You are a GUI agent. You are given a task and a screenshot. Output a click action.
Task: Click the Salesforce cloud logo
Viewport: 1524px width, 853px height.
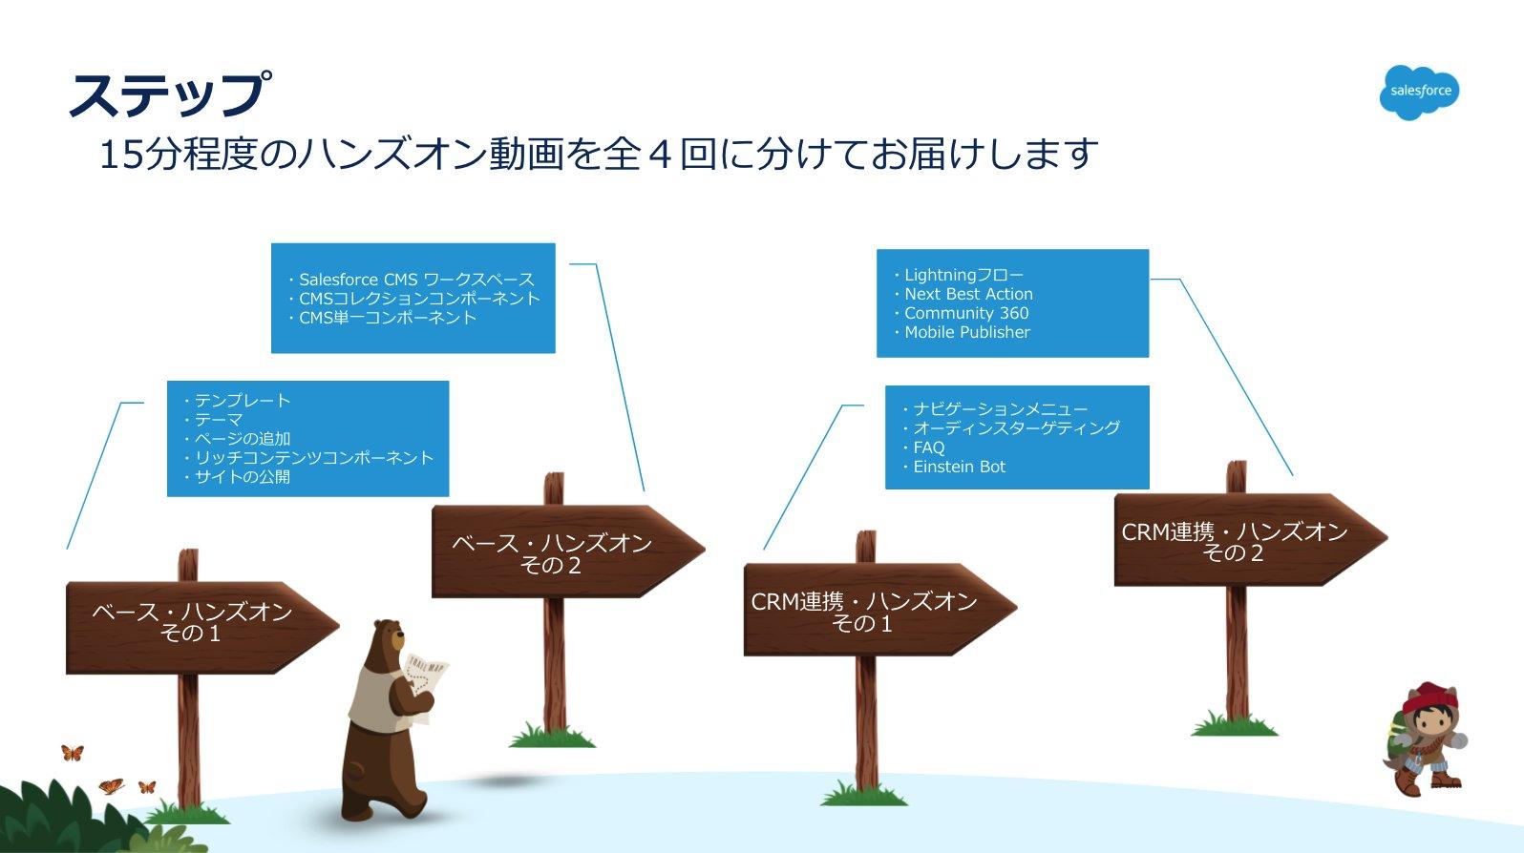tap(1419, 92)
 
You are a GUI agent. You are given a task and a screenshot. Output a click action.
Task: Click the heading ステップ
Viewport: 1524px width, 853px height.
tap(168, 94)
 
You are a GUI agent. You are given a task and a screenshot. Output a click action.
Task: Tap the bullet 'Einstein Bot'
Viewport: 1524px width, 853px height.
tap(959, 467)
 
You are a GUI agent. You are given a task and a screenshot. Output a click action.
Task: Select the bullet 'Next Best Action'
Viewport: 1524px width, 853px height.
tap(968, 294)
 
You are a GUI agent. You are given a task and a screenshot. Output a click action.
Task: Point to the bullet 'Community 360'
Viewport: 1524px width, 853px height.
tap(966, 313)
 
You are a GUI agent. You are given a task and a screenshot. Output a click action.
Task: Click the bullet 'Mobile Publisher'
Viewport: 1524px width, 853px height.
tap(967, 332)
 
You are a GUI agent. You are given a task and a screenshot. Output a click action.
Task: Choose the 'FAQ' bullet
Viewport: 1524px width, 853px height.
tap(928, 447)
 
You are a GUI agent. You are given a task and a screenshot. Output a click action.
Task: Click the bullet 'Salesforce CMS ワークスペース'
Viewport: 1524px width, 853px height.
tap(416, 280)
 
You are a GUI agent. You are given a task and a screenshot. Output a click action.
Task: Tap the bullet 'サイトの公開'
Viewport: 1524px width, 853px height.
tap(242, 476)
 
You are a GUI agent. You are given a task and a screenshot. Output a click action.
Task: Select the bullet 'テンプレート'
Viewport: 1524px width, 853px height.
tap(242, 401)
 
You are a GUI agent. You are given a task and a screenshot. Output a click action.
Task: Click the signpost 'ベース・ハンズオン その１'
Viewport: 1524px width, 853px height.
tap(191, 623)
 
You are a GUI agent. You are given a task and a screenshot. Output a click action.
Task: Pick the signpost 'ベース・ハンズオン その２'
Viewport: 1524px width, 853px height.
tap(552, 553)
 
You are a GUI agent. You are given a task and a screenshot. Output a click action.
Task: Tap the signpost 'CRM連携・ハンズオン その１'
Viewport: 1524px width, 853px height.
tap(863, 612)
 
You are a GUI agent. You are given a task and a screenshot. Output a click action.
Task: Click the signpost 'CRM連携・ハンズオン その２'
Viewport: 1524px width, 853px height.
tap(1234, 542)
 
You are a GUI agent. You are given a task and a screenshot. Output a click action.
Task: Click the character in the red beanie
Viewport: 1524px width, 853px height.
tap(1426, 736)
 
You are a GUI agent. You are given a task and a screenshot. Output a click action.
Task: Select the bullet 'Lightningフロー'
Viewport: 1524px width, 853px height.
tap(963, 275)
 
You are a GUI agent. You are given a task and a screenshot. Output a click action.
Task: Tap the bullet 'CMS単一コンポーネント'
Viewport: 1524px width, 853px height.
tap(388, 318)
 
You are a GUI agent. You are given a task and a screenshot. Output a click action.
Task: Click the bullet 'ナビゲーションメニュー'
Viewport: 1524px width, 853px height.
tap(1000, 409)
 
